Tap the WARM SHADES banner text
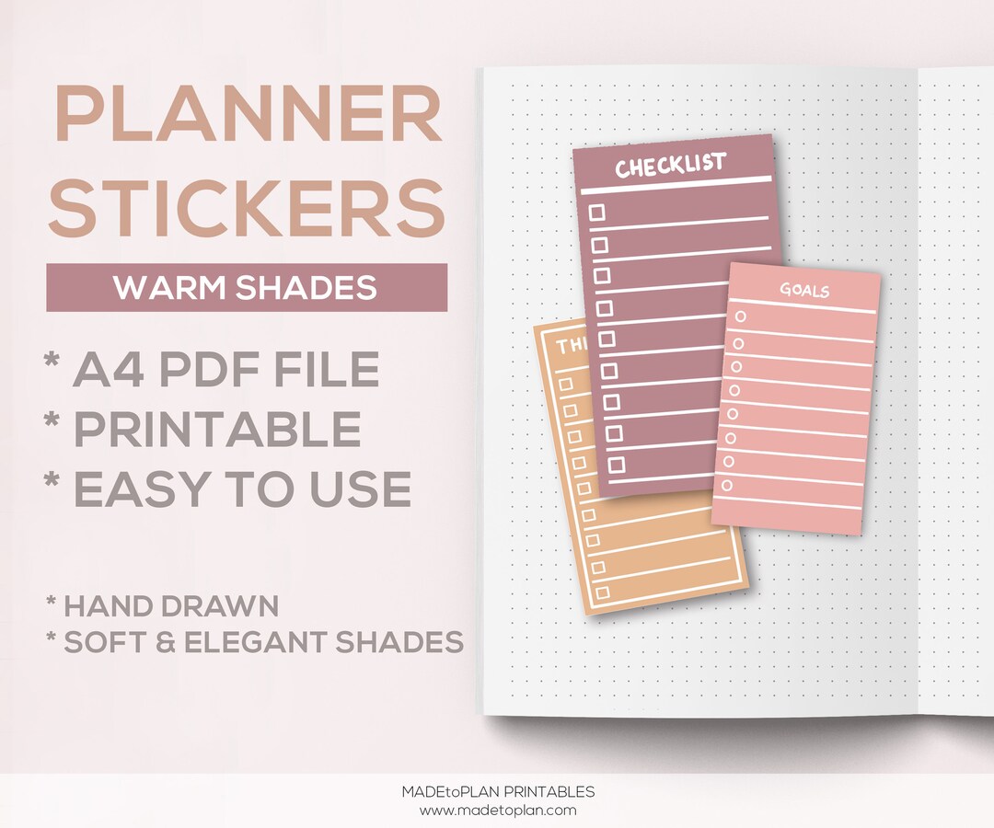(246, 288)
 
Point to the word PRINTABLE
(217, 429)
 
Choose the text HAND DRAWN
(171, 606)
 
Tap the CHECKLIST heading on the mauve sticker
(670, 167)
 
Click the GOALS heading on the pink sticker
(804, 291)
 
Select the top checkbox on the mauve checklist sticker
(596, 213)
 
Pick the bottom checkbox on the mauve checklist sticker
(616, 463)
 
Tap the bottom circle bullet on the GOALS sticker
(727, 485)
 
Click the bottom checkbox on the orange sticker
(603, 593)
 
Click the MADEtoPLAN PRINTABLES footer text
(498, 792)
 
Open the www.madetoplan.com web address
(498, 811)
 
